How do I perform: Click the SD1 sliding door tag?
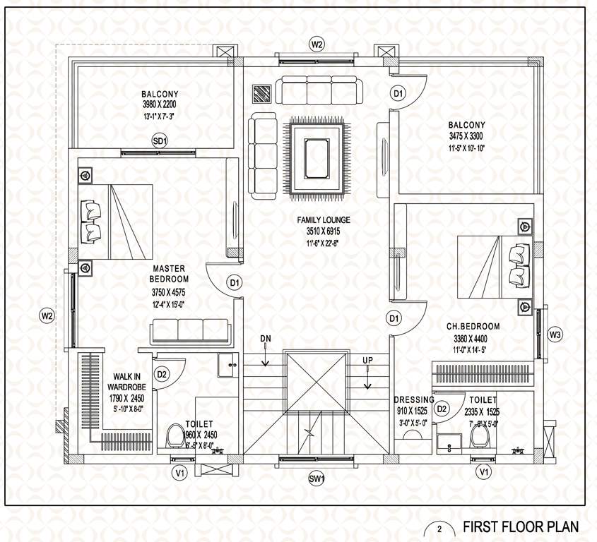[x=160, y=142]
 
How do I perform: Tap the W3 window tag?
[x=555, y=335]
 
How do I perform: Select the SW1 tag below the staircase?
[x=317, y=480]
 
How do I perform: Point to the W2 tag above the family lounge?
[x=317, y=45]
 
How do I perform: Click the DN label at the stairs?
[x=266, y=339]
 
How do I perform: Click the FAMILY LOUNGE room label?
[x=324, y=220]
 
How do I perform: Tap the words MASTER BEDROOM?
[x=167, y=274]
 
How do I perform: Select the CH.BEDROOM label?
[x=473, y=327]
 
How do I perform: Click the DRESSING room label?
[x=413, y=399]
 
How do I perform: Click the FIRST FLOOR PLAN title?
[x=521, y=526]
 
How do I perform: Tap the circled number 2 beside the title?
[x=439, y=529]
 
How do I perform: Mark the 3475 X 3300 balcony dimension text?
[x=466, y=137]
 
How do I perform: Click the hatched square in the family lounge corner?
[x=262, y=94]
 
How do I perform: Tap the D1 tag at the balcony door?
[x=398, y=93]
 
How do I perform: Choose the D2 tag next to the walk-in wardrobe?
[x=161, y=373]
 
